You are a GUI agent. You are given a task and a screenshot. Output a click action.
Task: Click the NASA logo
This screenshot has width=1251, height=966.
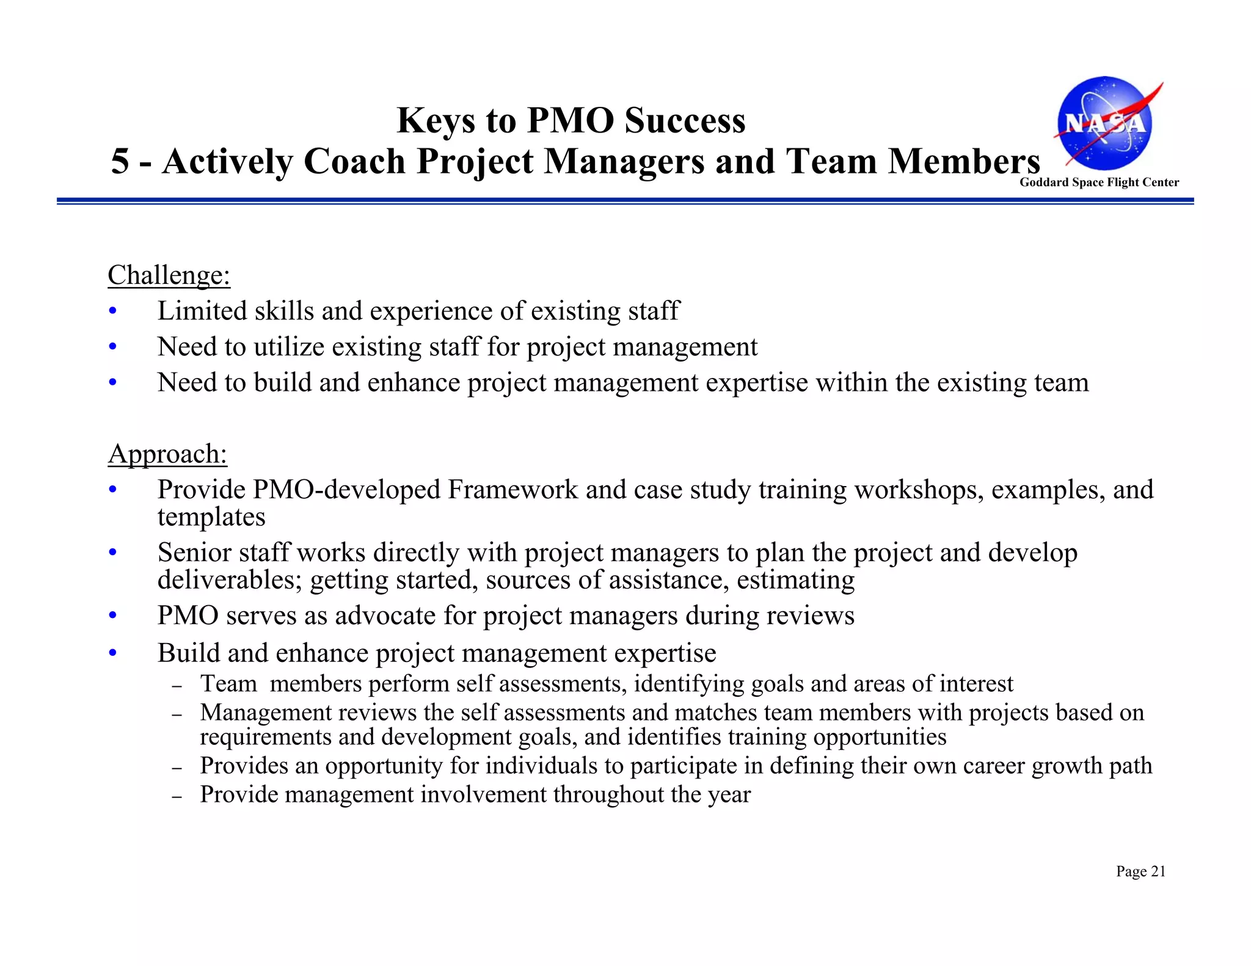click(x=1106, y=124)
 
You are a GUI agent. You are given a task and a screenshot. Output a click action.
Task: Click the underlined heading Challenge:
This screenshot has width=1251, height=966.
click(x=169, y=275)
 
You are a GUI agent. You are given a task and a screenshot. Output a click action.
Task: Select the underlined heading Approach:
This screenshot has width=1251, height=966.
click(x=167, y=454)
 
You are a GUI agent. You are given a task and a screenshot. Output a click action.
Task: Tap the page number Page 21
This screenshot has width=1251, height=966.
click(x=1140, y=871)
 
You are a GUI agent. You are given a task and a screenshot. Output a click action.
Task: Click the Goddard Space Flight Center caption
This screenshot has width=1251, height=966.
click(x=1099, y=182)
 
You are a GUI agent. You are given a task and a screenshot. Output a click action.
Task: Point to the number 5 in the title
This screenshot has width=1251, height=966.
click(x=120, y=161)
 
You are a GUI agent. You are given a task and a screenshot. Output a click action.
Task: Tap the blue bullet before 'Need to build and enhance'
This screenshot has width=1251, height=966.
click(x=112, y=383)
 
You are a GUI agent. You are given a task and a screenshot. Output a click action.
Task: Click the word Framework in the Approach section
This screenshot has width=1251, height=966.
click(x=512, y=490)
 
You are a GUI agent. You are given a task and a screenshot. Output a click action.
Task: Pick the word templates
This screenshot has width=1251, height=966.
click(x=211, y=517)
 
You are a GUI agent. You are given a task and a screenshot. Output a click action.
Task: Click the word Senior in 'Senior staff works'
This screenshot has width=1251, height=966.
click(x=194, y=553)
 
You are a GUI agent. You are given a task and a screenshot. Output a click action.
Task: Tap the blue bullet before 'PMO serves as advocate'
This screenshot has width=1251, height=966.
click(x=112, y=616)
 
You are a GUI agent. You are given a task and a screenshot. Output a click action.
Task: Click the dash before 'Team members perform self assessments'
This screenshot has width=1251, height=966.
click(x=177, y=686)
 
